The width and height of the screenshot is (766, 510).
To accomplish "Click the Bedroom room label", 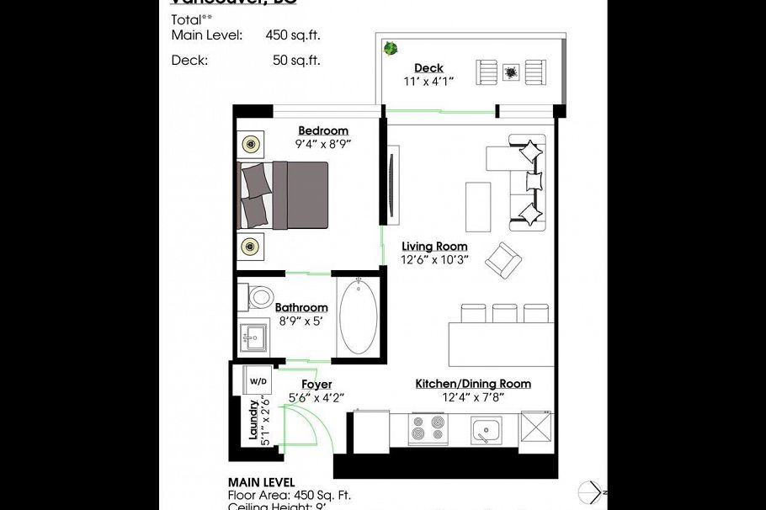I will coord(323,130).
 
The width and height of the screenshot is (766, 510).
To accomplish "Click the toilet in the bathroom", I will coord(259,296).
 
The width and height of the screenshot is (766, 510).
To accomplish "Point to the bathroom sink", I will coord(252,339).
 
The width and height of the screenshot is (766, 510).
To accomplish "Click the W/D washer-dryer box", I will coord(256,380).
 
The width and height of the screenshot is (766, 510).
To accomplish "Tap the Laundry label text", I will coord(252,420).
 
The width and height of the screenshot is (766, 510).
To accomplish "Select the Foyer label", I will coord(317,385).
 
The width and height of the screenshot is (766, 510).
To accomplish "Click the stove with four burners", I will coord(427,429).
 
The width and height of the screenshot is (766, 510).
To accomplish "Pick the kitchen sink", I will coord(487,430).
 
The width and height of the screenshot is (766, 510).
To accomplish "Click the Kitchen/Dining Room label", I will coord(473,384).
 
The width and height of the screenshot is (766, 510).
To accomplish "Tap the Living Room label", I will coord(434,247).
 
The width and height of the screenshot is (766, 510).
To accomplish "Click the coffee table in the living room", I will coord(478,205).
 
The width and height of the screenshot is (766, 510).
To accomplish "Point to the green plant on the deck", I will coord(391,49).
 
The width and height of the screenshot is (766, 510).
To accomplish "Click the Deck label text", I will coord(428,68).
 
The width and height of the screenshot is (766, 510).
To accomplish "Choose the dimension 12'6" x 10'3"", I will coord(434,260).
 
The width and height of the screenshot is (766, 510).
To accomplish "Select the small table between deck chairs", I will coord(511,72).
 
